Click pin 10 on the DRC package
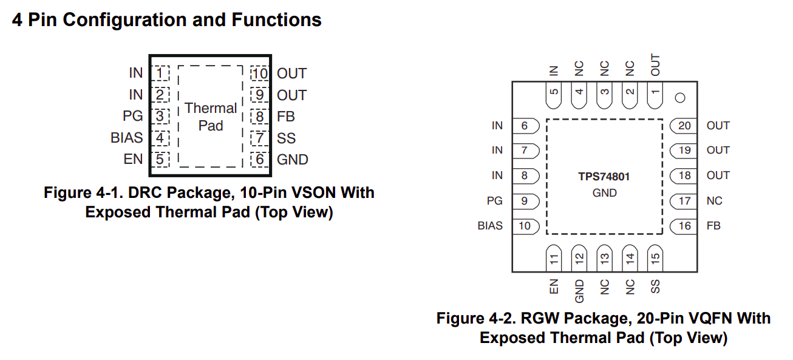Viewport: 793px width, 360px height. point(260,73)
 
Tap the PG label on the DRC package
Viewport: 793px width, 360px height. point(132,116)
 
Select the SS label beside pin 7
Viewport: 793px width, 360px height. point(286,138)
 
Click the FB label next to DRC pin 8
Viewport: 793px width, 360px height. point(285,117)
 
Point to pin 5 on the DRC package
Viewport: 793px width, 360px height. point(160,160)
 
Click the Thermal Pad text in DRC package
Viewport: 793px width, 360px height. point(211,117)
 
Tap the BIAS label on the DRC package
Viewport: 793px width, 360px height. point(126,138)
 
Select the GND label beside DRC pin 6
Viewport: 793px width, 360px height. point(292,160)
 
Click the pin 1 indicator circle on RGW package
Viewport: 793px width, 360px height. point(680,97)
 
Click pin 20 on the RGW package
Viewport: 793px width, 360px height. point(684,126)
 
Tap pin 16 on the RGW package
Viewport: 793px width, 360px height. point(684,226)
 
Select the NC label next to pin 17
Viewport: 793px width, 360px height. point(714,201)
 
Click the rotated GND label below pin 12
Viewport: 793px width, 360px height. point(579,291)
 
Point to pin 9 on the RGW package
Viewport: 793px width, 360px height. point(524,201)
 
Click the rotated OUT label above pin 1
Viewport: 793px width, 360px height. point(655,64)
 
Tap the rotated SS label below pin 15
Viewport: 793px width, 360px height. point(655,287)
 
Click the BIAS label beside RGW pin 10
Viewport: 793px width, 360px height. point(490,226)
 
